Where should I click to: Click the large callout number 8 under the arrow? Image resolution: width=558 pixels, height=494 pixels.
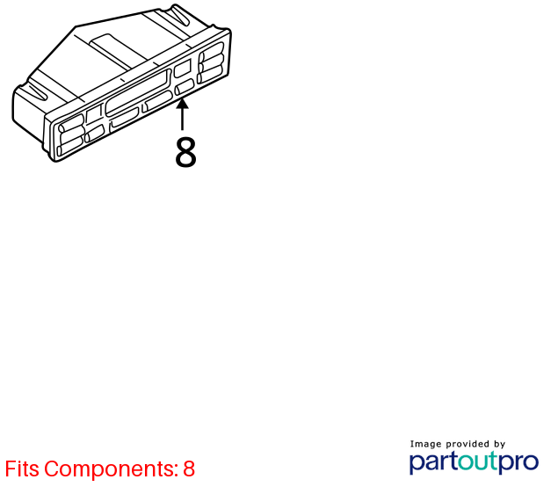tap(185, 152)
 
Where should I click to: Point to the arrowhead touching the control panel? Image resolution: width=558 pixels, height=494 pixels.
tap(182, 105)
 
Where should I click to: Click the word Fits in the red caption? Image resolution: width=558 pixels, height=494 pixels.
tap(22, 469)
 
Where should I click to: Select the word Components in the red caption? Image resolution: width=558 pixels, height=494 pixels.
tap(111, 469)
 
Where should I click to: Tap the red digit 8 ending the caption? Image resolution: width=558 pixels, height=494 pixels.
tap(189, 469)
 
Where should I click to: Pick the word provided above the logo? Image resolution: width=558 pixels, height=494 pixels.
tap(467, 444)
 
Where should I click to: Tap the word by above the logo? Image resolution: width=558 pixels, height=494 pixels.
tap(499, 444)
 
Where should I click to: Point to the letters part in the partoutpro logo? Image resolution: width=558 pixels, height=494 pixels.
tap(433, 462)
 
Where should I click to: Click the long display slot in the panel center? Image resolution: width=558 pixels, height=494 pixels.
tap(138, 91)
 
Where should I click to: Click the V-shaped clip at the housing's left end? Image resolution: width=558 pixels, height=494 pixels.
tap(38, 91)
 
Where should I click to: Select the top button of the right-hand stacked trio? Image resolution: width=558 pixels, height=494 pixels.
tap(212, 50)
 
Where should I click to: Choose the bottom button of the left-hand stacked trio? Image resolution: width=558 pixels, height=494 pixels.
tap(69, 146)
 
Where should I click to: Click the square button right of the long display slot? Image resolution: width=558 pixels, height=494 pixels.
tap(182, 68)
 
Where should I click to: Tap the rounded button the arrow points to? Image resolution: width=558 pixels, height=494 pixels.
tap(185, 87)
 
